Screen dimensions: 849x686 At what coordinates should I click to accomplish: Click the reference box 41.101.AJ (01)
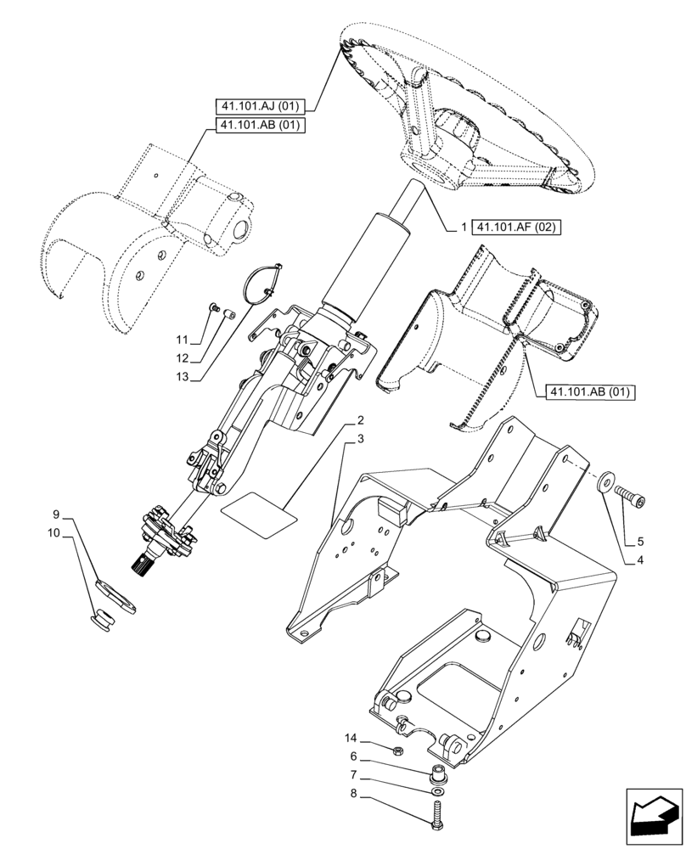click(x=259, y=107)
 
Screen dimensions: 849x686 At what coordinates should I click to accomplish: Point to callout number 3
click(x=361, y=438)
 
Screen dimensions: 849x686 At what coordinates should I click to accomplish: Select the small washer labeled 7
click(x=436, y=790)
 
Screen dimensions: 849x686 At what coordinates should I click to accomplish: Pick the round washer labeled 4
click(x=608, y=481)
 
